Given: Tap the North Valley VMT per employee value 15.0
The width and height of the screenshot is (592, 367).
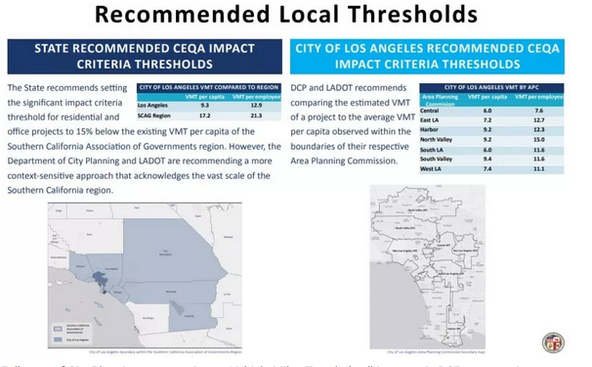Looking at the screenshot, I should pos(536,139).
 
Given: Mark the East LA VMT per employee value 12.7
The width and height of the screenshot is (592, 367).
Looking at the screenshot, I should pos(536,119).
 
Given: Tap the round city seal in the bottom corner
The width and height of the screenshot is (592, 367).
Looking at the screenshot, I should pos(553,343).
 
